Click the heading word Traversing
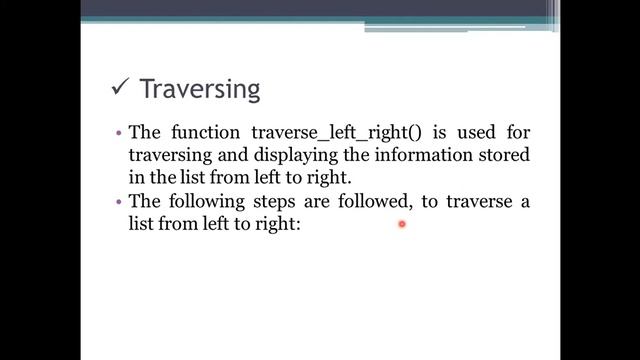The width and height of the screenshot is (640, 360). (200, 90)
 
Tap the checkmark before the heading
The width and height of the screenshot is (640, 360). (119, 89)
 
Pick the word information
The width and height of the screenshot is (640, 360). (384, 155)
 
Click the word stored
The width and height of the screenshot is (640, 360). (474, 155)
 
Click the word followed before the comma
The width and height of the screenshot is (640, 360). (373, 201)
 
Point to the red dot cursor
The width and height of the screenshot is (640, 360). (401, 225)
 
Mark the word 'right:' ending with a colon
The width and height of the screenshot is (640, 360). (277, 225)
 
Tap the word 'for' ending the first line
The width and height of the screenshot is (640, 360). (517, 132)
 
